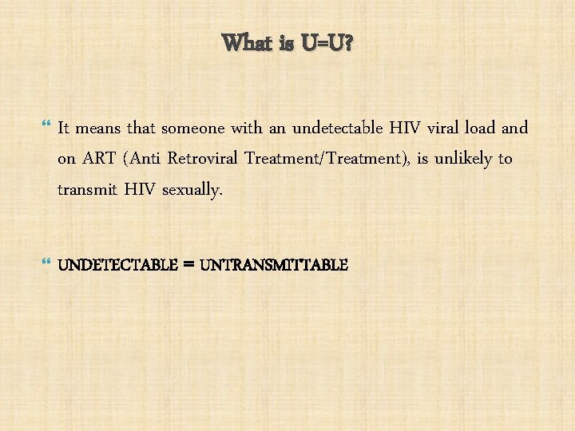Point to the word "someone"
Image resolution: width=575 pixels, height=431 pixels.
192,128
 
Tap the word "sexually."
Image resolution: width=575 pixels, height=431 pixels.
189,189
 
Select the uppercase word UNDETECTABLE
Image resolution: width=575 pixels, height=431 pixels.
117,264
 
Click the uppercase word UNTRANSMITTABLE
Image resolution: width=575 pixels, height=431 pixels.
274,264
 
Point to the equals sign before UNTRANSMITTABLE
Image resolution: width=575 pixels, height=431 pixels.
188,264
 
